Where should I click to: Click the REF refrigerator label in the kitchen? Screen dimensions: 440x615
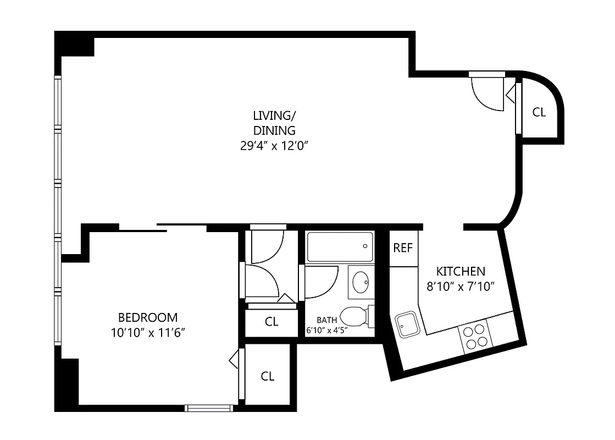tap(402, 248)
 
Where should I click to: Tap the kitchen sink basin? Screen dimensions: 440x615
tap(407, 324)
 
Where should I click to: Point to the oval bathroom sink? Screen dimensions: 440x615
tap(361, 282)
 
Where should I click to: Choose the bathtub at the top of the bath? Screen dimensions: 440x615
tap(340, 247)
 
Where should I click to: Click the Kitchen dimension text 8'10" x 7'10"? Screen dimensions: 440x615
tap(461, 286)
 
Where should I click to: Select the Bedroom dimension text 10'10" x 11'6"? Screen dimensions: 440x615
tap(147, 332)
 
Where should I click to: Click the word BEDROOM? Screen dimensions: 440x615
tap(148, 317)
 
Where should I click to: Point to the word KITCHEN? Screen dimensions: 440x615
tap(461, 271)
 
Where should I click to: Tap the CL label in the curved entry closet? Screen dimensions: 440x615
tap(539, 112)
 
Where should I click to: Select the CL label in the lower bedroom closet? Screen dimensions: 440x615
tap(268, 376)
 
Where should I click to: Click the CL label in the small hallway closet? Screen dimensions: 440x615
tap(272, 322)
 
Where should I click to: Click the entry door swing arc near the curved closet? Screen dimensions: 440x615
tap(486, 94)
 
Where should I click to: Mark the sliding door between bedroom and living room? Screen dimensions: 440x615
tap(163, 228)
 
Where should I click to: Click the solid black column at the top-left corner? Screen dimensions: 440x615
tap(75, 44)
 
